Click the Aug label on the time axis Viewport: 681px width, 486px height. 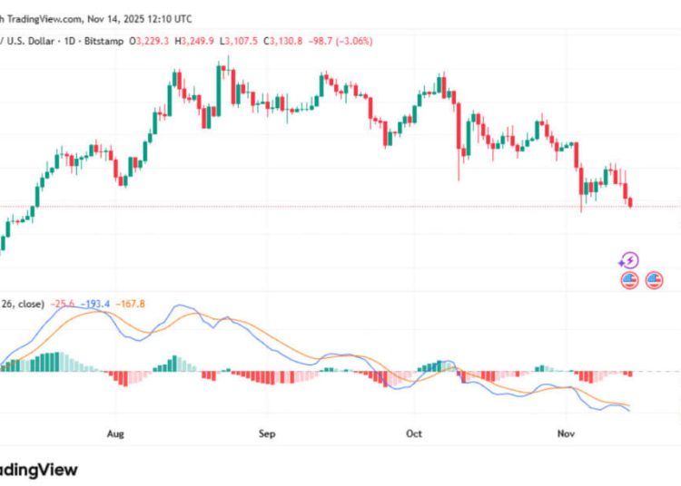(115, 433)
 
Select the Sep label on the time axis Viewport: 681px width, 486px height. (266, 433)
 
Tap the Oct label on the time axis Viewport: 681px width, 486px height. (414, 433)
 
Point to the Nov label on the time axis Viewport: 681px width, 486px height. (565, 433)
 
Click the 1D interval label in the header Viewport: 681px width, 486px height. (67, 42)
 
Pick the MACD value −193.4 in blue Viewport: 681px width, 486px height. (94, 303)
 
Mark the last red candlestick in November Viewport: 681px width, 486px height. (631, 201)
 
